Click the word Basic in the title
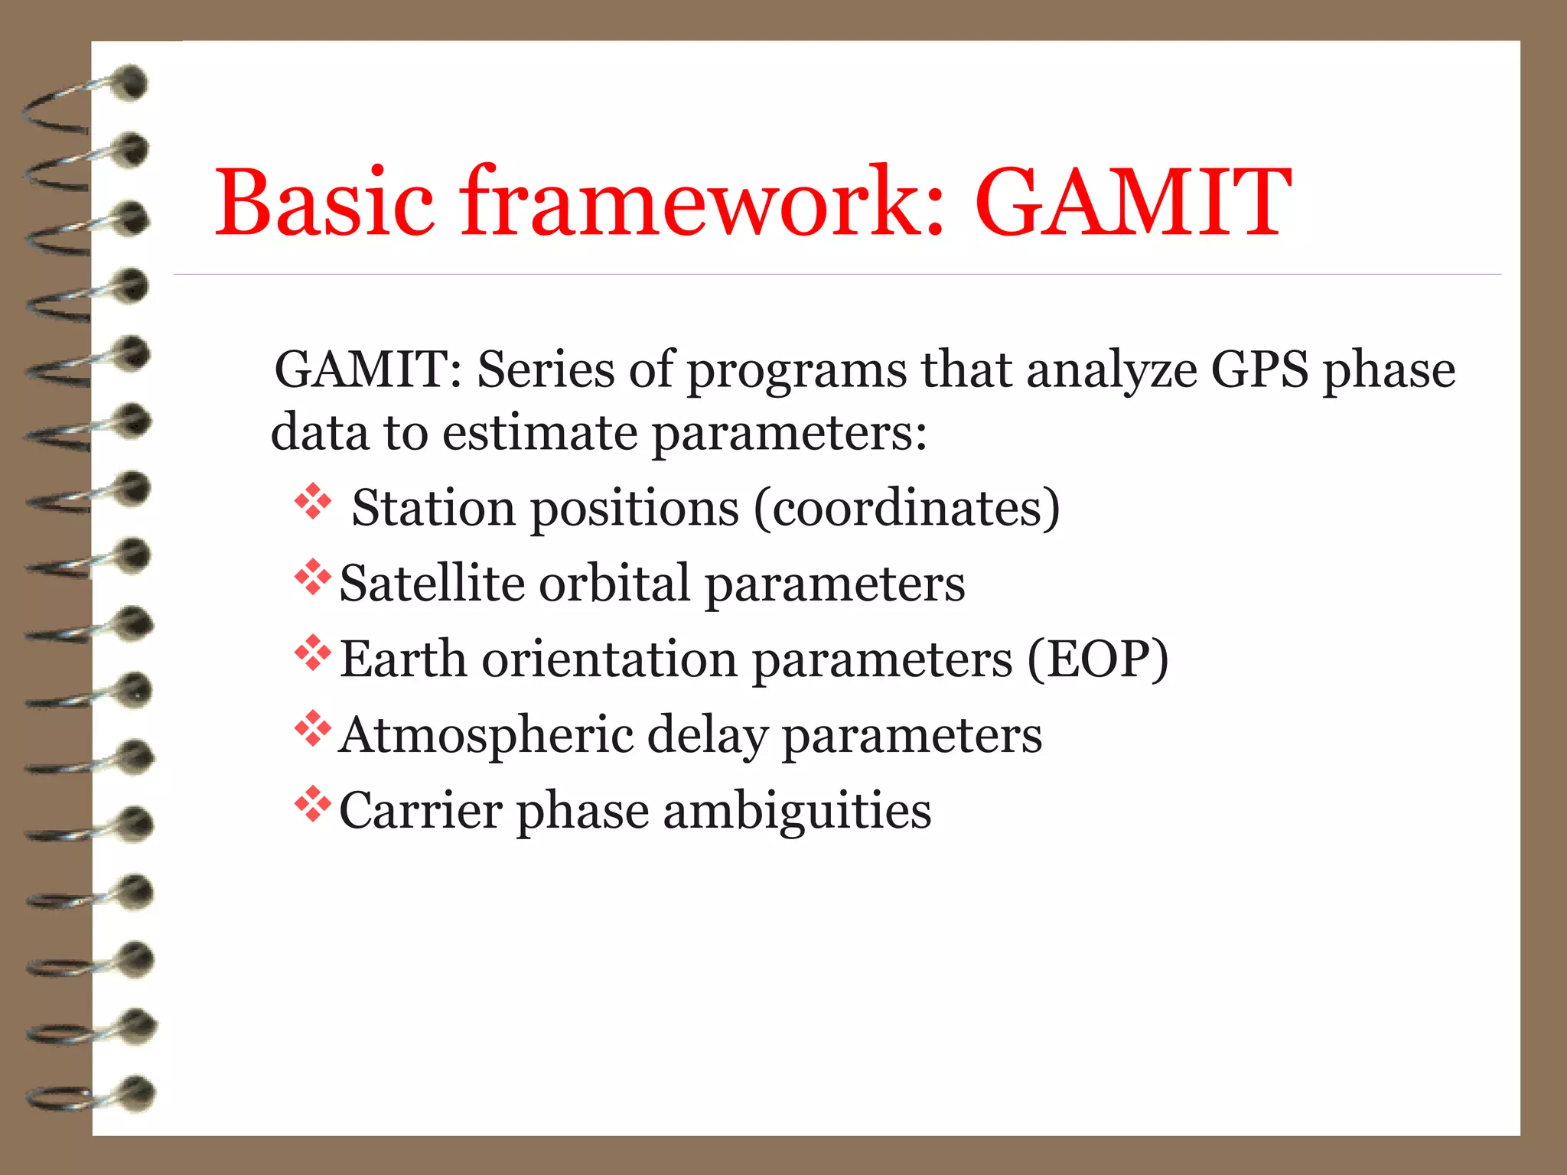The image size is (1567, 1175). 325,203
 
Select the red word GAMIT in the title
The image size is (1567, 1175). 1132,203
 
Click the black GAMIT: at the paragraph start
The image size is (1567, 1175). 368,370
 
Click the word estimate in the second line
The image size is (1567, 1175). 539,433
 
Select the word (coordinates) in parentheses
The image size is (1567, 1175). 907,508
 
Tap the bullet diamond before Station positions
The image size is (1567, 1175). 313,502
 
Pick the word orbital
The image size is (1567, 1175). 615,584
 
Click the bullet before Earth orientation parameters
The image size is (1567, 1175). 313,653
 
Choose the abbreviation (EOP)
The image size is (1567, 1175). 1097,659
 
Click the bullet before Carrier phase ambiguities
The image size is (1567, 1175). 313,803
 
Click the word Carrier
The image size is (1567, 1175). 420,811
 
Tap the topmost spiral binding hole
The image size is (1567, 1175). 132,83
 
